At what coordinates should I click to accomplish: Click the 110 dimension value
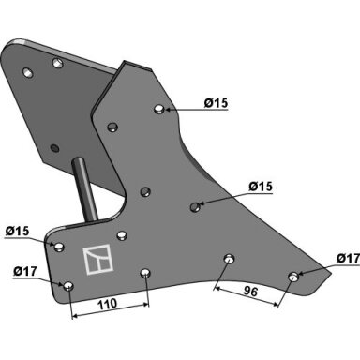click(108, 304)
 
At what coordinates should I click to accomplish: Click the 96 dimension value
click(250, 292)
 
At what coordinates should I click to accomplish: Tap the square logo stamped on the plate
click(97, 260)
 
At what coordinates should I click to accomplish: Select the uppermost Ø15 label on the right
click(217, 103)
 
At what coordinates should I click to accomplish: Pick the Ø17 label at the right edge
click(348, 259)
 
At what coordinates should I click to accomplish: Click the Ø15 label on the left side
click(18, 232)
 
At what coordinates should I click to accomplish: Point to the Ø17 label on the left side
click(25, 271)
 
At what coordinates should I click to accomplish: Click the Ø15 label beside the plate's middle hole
click(261, 187)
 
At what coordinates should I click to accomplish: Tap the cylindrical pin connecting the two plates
click(84, 189)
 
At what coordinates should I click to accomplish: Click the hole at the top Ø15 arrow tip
click(159, 109)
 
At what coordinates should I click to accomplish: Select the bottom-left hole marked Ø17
click(68, 286)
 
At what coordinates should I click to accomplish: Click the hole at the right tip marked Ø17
click(293, 277)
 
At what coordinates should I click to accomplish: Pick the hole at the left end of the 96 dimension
click(230, 259)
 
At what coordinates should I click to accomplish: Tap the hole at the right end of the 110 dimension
click(145, 274)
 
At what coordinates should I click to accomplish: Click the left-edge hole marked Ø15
click(59, 247)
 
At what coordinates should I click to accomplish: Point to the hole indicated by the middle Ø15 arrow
click(195, 206)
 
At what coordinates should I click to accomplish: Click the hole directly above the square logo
click(122, 235)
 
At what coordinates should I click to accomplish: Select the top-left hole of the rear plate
click(28, 72)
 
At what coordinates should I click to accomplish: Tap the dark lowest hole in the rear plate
click(55, 147)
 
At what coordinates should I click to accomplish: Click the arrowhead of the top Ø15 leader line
click(168, 110)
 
